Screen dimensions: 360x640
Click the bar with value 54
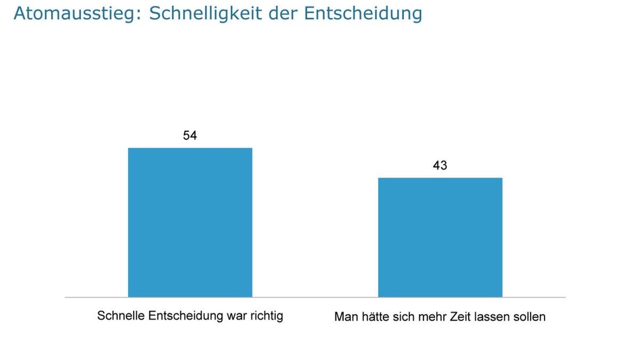coord(190,222)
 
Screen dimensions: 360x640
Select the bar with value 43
coord(440,237)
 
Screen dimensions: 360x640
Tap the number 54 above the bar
coord(190,136)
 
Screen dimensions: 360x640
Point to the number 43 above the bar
coord(440,166)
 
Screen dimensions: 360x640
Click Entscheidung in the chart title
coord(363,14)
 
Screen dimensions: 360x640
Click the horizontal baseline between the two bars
coord(315,297)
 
